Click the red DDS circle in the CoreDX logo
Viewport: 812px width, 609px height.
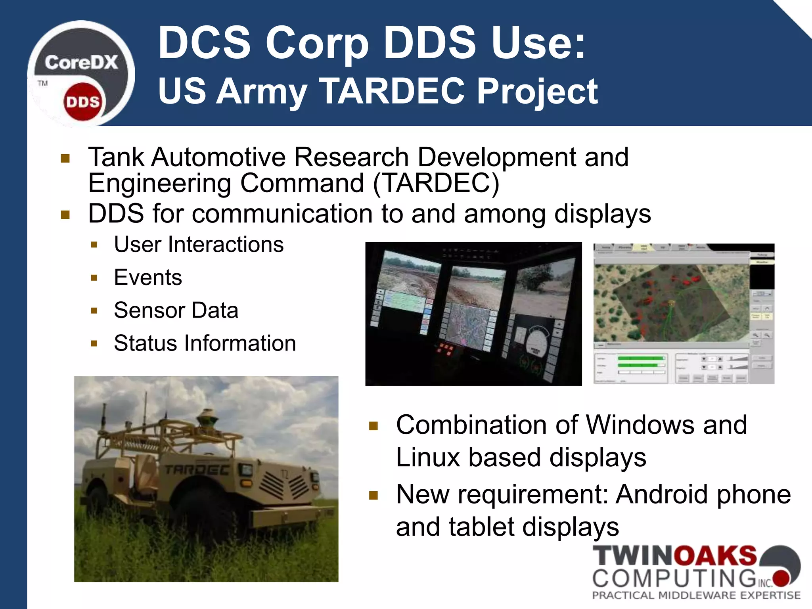82,102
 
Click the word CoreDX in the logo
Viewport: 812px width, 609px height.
81,63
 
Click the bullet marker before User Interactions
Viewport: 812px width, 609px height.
94,245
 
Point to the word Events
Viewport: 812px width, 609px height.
148,277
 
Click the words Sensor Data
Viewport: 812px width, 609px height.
176,310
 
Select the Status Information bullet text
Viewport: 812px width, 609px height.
205,343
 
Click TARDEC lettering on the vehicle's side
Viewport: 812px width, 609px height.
196,470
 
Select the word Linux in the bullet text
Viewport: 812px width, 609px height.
428,457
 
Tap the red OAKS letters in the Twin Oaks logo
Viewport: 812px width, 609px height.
716,556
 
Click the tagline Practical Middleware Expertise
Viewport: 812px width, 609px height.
696,595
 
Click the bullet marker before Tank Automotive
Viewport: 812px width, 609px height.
65,159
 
